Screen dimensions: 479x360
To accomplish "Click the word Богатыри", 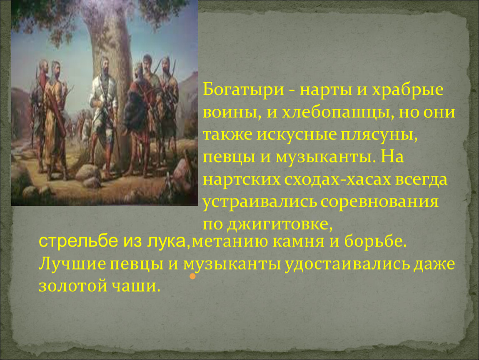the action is pyautogui.click(x=244, y=90).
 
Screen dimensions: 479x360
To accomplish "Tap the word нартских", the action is pyautogui.click(x=241, y=180).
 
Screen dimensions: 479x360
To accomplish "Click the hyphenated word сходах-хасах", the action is pyautogui.click(x=337, y=180).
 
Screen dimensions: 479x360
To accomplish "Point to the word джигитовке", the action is pyautogui.click(x=279, y=224).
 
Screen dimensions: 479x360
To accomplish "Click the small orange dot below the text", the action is pyautogui.click(x=192, y=276).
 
